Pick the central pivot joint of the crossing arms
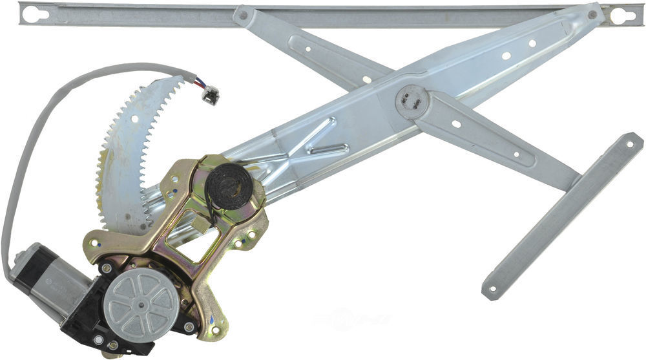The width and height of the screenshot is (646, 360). click(412, 103)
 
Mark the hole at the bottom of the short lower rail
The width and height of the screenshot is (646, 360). click(494, 289)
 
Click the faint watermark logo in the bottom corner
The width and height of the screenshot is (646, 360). click(352, 319)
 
